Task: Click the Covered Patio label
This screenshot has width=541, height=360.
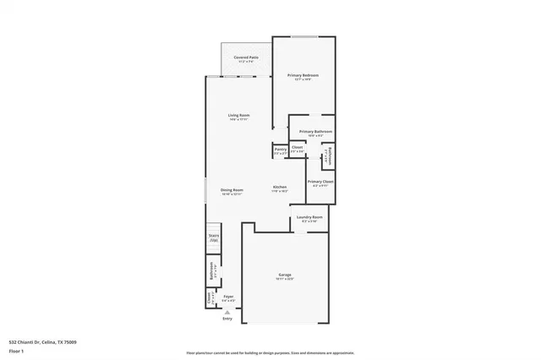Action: (246, 58)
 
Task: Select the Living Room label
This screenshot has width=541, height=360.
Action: (238, 117)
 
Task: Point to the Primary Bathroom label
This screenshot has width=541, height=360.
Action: (315, 133)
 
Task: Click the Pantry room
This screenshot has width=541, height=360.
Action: (280, 150)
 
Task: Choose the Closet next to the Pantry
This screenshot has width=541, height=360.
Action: (298, 150)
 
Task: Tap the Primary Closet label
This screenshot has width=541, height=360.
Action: (320, 183)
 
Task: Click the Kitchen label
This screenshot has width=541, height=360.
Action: (280, 188)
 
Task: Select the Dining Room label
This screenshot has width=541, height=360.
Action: (232, 191)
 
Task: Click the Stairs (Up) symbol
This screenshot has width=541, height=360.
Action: (214, 238)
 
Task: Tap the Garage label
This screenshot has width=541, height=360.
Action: (286, 276)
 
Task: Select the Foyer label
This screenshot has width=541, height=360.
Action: (228, 297)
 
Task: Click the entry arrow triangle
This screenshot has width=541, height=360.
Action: (227, 312)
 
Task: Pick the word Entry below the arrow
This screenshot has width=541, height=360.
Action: (227, 319)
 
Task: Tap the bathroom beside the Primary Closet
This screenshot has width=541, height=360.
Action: (327, 156)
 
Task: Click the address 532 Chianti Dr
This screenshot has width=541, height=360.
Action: (42, 341)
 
